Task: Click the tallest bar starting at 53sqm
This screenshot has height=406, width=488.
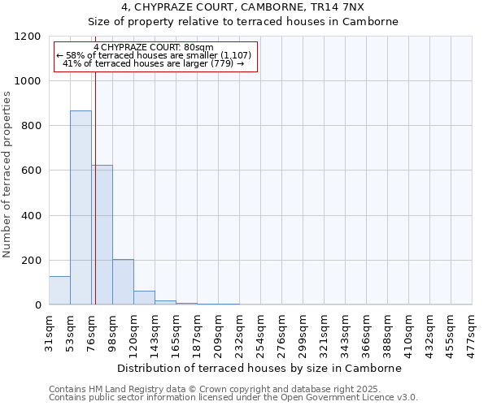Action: (81, 207)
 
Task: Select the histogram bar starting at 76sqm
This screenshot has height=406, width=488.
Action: (102, 235)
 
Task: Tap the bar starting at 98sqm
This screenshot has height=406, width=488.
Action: (123, 282)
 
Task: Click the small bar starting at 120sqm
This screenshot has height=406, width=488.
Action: (144, 298)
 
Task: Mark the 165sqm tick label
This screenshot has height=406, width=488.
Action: (176, 333)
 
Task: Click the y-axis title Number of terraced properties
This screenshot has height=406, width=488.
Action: (8, 175)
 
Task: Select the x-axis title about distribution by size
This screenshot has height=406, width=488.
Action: (260, 368)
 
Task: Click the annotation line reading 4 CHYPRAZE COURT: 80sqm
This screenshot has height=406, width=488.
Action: (154, 47)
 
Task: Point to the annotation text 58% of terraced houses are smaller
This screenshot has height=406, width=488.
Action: (155, 55)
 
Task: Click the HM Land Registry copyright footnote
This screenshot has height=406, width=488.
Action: (220, 390)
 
